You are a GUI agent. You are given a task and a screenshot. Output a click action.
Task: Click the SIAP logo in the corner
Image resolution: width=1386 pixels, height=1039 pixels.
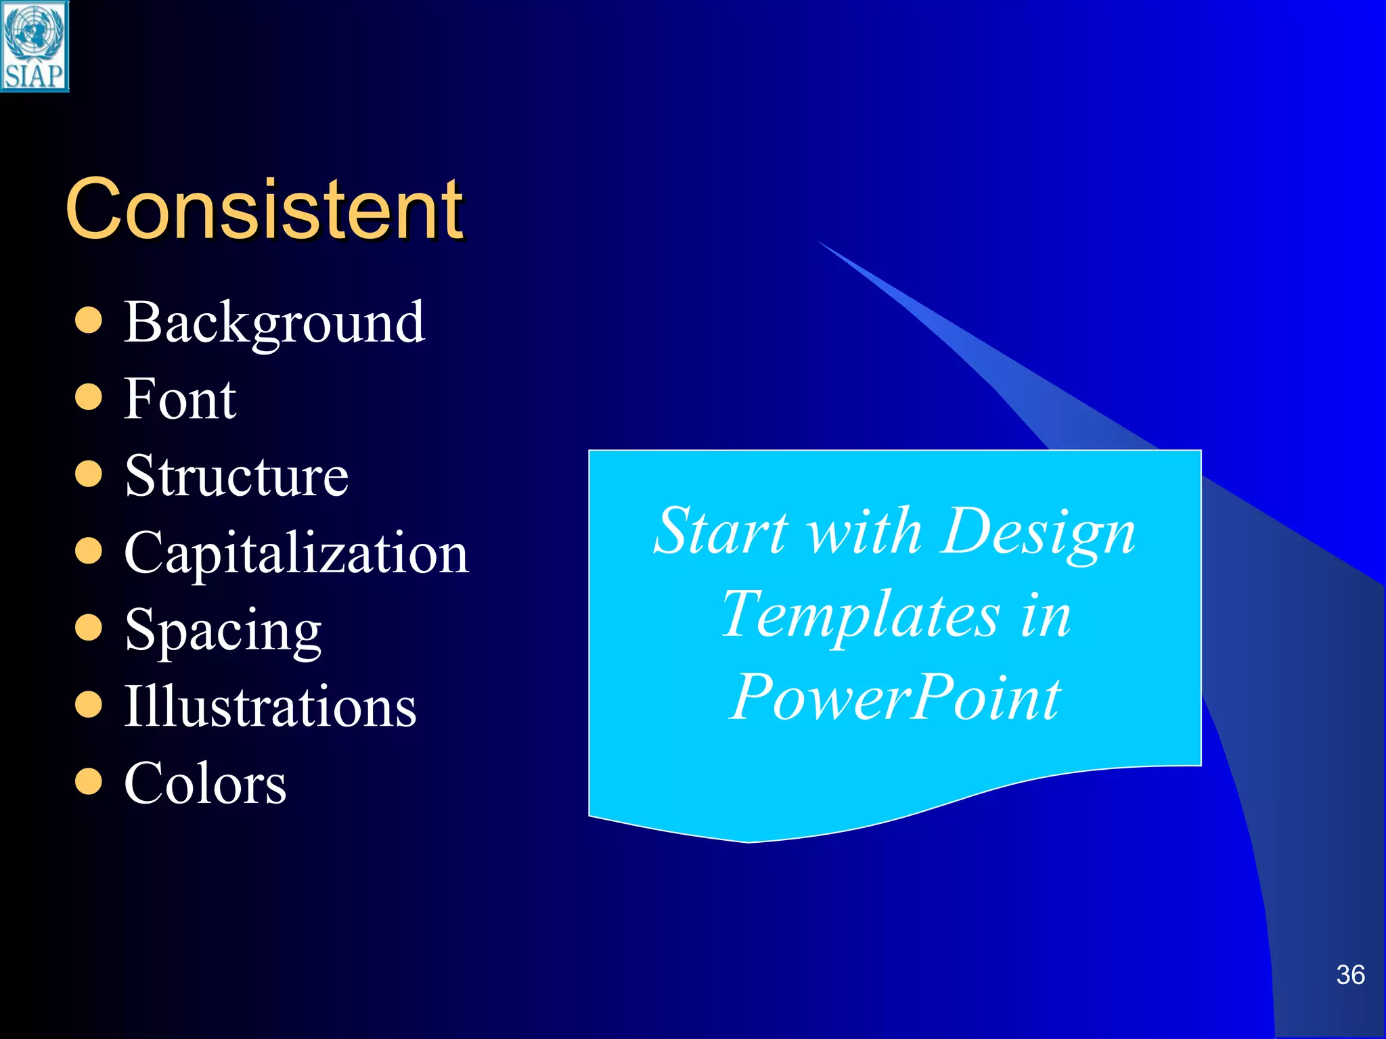(x=35, y=46)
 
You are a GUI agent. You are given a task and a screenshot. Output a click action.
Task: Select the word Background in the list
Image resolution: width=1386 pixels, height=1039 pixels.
(x=274, y=323)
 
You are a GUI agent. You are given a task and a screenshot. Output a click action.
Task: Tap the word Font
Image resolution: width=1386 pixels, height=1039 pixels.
(x=180, y=399)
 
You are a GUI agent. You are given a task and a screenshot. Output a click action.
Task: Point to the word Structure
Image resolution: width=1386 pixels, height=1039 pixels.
(x=236, y=476)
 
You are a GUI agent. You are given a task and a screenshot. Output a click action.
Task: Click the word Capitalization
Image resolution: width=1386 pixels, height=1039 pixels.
(x=296, y=553)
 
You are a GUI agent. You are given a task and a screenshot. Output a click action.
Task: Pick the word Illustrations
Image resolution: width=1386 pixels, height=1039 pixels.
(x=270, y=707)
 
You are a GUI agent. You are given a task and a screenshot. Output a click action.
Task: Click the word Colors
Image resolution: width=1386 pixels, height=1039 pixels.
(x=205, y=783)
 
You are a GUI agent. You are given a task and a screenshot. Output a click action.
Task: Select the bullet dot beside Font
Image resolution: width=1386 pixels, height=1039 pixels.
(x=89, y=397)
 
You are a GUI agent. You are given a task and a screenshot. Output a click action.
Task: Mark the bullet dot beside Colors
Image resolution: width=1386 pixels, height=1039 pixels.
(x=89, y=781)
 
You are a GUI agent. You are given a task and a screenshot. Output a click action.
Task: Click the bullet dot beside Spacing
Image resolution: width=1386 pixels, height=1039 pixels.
(x=89, y=627)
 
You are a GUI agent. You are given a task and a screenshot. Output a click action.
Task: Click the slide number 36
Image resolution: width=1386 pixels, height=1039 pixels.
(x=1350, y=975)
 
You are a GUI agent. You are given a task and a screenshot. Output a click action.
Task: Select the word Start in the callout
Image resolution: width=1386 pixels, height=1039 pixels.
(x=721, y=532)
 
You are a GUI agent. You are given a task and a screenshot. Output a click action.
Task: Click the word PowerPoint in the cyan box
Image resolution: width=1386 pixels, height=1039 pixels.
(x=895, y=697)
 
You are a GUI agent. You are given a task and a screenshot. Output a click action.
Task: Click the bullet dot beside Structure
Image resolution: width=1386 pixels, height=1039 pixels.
(x=89, y=474)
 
